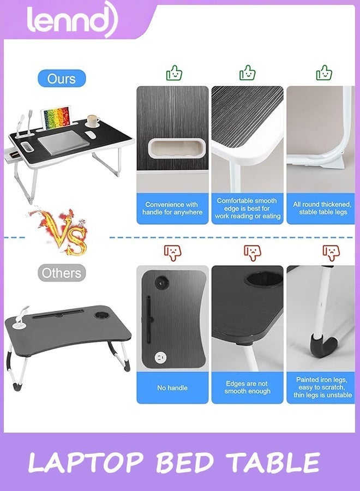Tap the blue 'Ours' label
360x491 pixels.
61,79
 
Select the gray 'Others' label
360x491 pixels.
62,273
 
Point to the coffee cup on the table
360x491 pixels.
92,121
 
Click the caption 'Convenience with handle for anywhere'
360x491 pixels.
172,208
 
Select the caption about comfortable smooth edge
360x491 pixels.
248,208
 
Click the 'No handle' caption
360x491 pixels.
172,388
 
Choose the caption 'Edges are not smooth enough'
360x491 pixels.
248,387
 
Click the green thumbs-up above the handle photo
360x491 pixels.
173,73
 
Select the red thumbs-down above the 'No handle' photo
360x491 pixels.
172,252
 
